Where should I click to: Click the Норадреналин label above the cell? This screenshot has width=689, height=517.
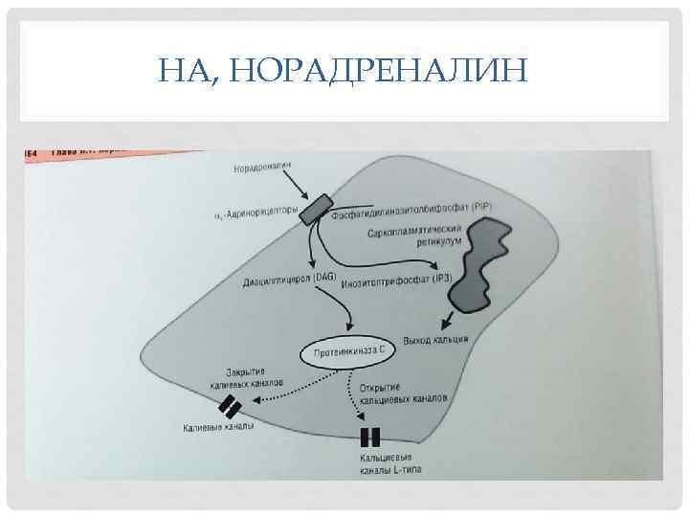(260, 169)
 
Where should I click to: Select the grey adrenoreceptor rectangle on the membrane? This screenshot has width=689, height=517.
(315, 208)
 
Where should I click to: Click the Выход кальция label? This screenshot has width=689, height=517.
(435, 342)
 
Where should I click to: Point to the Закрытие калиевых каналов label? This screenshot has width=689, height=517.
(246, 376)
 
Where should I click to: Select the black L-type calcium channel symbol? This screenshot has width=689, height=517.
(370, 438)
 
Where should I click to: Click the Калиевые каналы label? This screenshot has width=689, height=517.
(218, 428)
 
